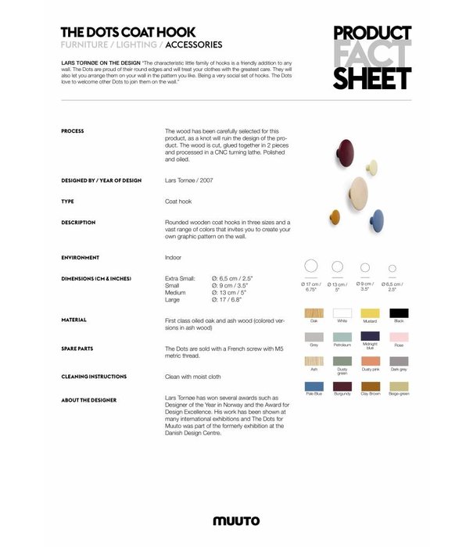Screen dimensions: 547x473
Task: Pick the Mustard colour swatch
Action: pyautogui.click(x=370, y=313)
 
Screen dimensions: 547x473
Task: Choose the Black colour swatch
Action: pyautogui.click(x=398, y=313)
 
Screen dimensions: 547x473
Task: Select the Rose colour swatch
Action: pyautogui.click(x=398, y=337)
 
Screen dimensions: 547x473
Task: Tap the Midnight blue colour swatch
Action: pyautogui.click(x=370, y=337)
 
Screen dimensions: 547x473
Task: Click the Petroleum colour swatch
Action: pyautogui.click(x=342, y=337)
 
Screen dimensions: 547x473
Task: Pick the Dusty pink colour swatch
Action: pyautogui.click(x=370, y=361)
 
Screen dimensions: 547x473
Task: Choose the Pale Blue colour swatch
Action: pyautogui.click(x=314, y=386)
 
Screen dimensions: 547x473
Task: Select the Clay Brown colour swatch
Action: pyautogui.click(x=370, y=386)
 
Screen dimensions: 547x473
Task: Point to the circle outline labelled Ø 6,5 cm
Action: pyautogui.click(x=392, y=268)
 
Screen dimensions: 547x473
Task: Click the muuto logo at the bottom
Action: pyautogui.click(x=236, y=520)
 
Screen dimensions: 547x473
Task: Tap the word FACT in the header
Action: pyautogui.click(x=372, y=55)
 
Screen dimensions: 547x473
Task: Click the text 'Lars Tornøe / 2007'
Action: pyautogui.click(x=189, y=181)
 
